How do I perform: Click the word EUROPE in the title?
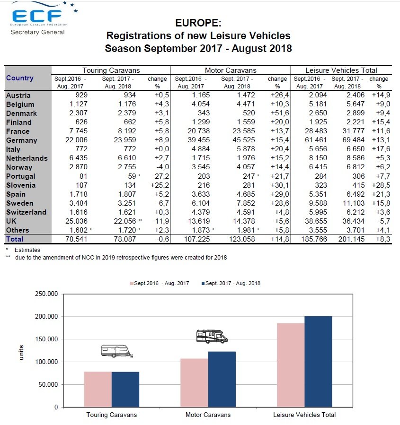pos(198,23)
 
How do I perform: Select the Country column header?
pos(19,78)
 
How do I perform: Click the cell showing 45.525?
pos(238,140)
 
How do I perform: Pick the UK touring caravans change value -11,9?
pos(159,221)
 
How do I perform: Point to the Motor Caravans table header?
pos(230,70)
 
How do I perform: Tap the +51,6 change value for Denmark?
pos(278,113)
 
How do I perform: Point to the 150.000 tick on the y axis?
pos(46,339)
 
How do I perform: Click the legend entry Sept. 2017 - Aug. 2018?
pos(231,283)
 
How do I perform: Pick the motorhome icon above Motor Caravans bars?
pos(212,336)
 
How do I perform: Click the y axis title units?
pos(21,354)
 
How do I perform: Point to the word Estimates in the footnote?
pos(27,250)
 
